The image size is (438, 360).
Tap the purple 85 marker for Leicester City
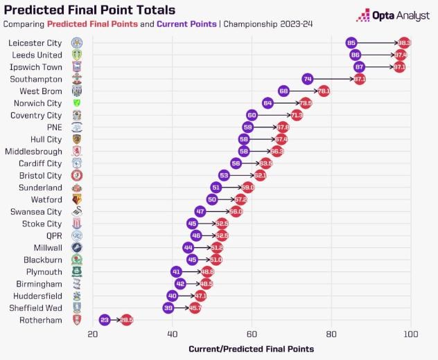click(351, 43)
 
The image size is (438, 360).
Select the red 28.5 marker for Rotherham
click(126, 320)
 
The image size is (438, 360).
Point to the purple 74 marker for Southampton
click(308, 79)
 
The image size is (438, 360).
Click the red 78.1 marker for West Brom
click(324, 91)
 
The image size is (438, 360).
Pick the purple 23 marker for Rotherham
click(105, 320)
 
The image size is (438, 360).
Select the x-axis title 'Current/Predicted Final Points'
click(251, 348)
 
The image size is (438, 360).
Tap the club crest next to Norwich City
click(77, 103)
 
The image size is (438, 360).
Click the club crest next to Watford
click(77, 199)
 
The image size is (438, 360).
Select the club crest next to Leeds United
click(77, 55)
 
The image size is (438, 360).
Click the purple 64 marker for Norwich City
click(268, 103)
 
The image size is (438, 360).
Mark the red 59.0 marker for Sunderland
click(247, 188)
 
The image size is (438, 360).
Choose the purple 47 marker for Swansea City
click(200, 211)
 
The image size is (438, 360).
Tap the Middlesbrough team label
click(33, 151)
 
